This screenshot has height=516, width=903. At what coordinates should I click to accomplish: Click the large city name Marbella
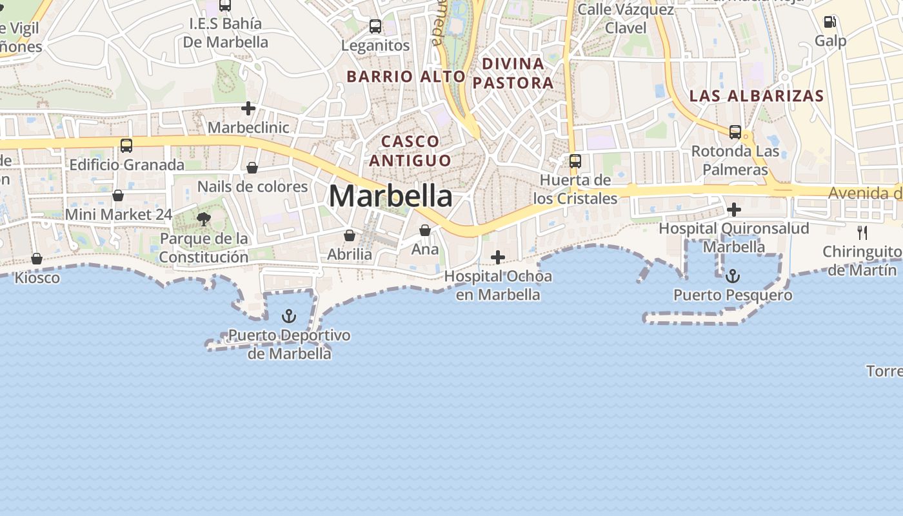[390, 196]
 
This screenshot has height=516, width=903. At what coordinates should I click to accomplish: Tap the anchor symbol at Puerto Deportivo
[289, 316]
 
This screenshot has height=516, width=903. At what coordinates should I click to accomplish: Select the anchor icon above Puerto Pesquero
[733, 277]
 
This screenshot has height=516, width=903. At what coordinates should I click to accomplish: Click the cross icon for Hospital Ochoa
[498, 257]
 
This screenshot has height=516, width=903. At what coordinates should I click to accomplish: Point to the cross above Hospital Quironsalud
[733, 210]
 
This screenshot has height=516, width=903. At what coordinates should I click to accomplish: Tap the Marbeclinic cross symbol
[248, 108]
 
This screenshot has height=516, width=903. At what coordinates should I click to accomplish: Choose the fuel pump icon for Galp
[829, 22]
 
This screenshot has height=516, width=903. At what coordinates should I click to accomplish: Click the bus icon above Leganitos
[375, 26]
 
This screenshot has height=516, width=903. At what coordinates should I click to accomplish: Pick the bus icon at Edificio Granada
[126, 146]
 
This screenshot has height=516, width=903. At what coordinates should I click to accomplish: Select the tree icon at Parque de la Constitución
[204, 219]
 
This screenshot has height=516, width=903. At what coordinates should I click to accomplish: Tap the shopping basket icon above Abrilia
[350, 235]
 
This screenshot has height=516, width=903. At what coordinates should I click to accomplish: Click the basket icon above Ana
[425, 230]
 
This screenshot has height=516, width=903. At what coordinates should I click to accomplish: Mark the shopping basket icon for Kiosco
[37, 259]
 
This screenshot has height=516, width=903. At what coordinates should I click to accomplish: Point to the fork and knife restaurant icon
[862, 232]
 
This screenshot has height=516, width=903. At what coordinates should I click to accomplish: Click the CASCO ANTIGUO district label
[410, 150]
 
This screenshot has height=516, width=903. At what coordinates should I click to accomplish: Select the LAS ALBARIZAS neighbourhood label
[757, 96]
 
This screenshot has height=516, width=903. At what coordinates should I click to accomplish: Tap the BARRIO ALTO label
[406, 76]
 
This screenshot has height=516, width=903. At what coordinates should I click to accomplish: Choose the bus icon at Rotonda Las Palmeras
[735, 132]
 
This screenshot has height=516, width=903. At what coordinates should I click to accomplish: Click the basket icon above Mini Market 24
[118, 195]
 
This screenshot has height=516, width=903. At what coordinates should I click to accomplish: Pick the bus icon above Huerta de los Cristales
[575, 161]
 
